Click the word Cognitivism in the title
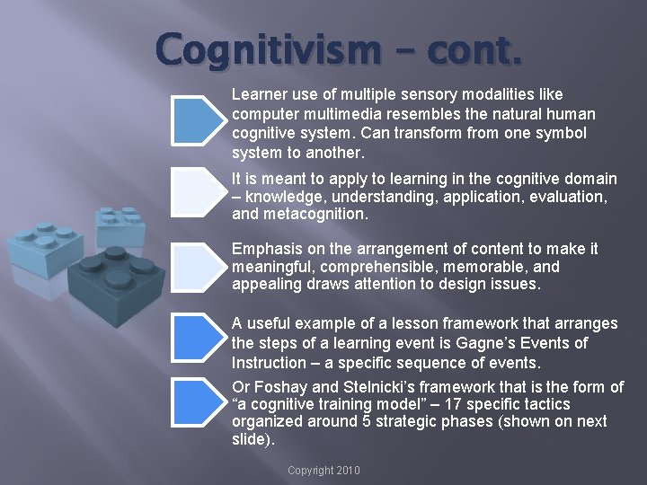coord(264,50)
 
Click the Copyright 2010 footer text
coord(323,470)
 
